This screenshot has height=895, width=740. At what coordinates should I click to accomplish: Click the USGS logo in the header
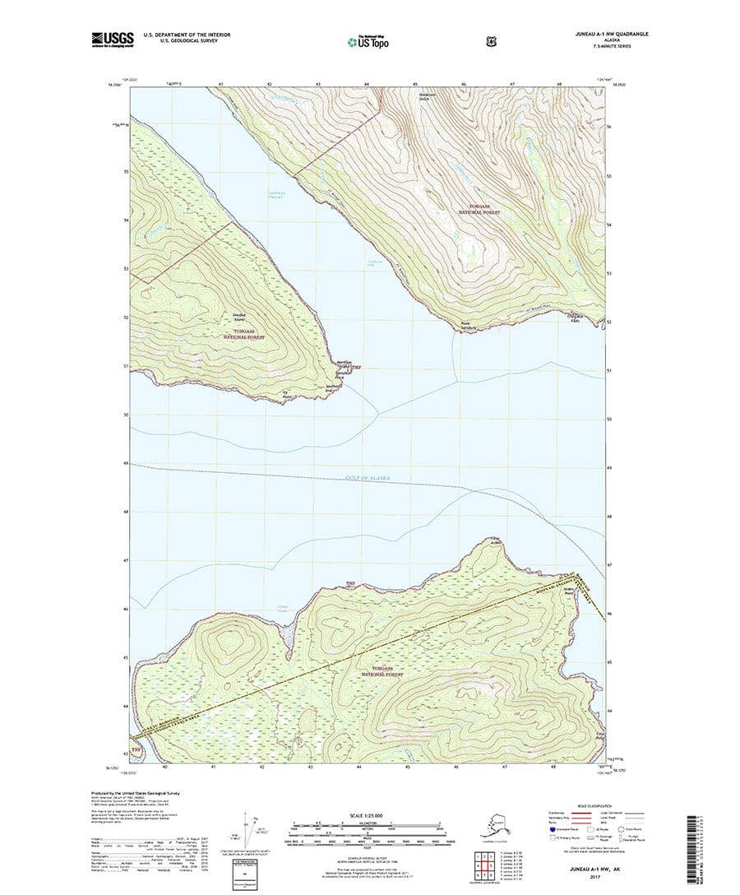[112, 38]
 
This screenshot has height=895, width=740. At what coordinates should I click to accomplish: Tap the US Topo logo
[369, 41]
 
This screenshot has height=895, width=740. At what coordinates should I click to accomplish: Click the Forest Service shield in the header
[423, 39]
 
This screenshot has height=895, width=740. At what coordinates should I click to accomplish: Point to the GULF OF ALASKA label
[369, 478]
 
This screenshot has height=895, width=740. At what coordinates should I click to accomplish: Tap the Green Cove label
[261, 610]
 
